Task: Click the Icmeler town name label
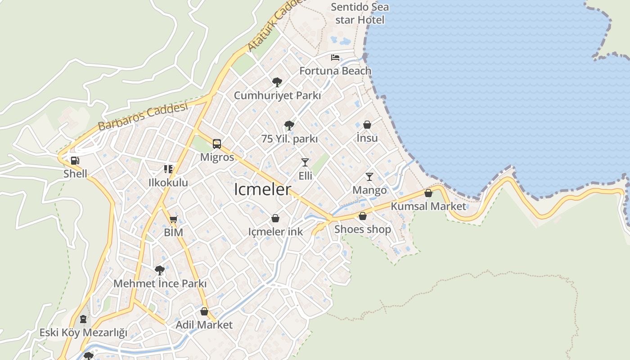pos(263,189)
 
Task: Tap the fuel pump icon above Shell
pos(75,161)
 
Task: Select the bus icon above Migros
pos(217,144)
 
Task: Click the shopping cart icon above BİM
pos(174,220)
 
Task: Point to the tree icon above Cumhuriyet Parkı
pos(277,82)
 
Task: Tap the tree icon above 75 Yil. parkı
pos(289,125)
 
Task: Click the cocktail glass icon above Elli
pos(305,162)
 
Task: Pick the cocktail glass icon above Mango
pos(369,177)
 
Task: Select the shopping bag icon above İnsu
pos(367,125)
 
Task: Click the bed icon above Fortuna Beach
pos(335,58)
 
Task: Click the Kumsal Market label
pos(428,206)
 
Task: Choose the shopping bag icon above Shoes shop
pos(363,216)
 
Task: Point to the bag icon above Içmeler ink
pos(275,219)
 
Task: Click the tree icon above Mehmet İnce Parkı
pos(159,270)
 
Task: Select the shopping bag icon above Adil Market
pos(204,311)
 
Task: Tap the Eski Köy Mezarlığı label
pos(83,333)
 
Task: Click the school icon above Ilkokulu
pos(168,169)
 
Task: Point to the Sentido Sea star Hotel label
pos(360,13)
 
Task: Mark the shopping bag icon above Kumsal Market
pos(428,193)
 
